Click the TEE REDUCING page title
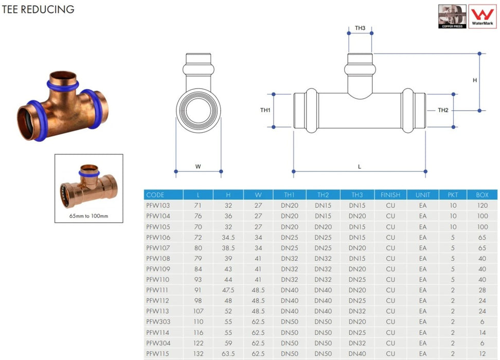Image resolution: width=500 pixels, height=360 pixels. [x=38, y=9]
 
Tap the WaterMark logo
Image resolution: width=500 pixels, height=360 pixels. [x=483, y=16]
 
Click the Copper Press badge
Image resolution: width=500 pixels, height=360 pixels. [x=452, y=16]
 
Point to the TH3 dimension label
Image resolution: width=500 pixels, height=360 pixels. [x=360, y=28]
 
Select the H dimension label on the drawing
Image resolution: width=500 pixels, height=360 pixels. [x=475, y=80]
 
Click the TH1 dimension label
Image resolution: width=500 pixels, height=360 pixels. [x=265, y=110]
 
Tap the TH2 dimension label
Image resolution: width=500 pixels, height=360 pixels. [x=443, y=110]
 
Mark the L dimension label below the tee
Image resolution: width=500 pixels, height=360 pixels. [x=360, y=167]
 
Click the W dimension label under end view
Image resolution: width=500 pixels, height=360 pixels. [x=198, y=167]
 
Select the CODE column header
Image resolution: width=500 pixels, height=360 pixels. [x=155, y=195]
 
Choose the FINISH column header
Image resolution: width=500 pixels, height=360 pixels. [x=390, y=195]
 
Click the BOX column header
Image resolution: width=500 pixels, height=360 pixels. [x=482, y=195]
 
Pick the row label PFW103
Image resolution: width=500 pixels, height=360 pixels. [x=158, y=206]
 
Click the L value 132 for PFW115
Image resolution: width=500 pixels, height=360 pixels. [x=199, y=354]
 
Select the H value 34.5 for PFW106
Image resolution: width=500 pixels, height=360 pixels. [x=228, y=238]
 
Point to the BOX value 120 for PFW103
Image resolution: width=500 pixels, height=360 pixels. [x=482, y=206]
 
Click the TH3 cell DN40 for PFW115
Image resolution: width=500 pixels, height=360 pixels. [x=357, y=354]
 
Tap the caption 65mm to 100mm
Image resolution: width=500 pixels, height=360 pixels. [x=88, y=216]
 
